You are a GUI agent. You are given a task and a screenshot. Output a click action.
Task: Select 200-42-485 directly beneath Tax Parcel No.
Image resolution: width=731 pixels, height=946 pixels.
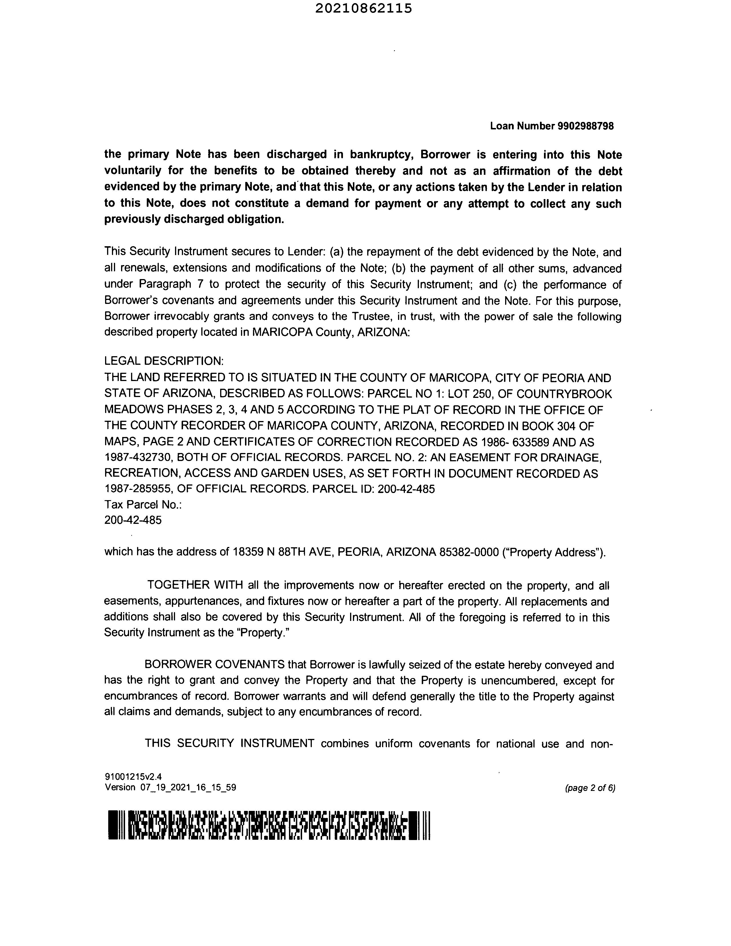pos(133,520)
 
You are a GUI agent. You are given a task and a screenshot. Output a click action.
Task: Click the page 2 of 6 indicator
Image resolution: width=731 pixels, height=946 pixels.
pos(590,788)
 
